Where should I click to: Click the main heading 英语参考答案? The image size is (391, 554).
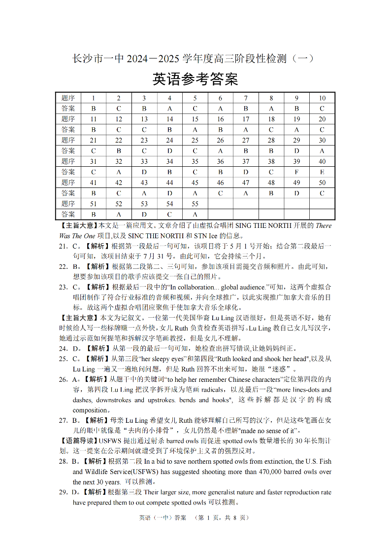(x=195, y=79)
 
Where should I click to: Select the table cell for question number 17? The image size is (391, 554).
(x=246, y=119)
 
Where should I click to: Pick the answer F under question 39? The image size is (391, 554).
(x=296, y=172)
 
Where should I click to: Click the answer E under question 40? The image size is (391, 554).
(x=322, y=172)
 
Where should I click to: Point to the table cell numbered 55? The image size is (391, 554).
(x=195, y=204)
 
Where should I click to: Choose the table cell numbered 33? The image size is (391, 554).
(x=144, y=161)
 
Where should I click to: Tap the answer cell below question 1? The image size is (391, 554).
(x=93, y=108)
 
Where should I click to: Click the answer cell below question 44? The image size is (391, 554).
(x=169, y=193)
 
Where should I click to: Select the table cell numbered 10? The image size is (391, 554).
(x=322, y=98)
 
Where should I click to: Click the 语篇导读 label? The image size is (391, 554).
(x=79, y=441)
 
